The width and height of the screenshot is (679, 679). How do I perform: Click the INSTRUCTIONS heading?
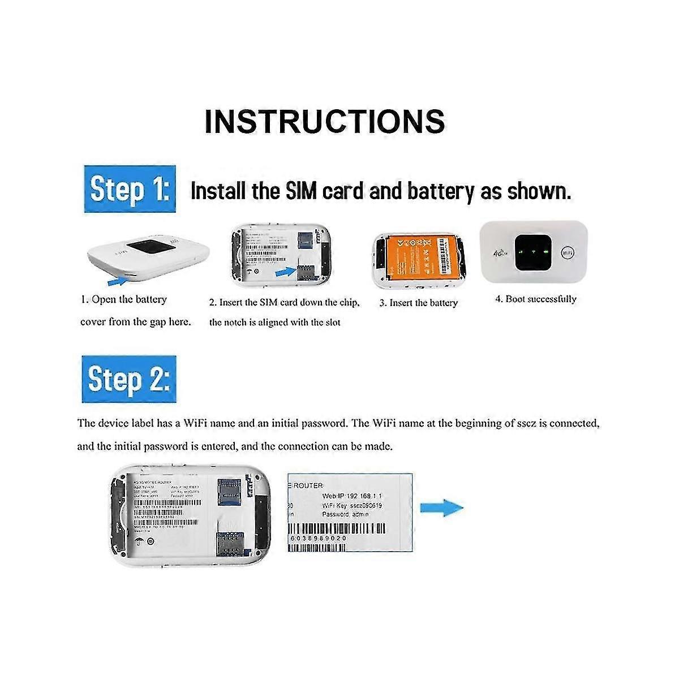tap(325, 121)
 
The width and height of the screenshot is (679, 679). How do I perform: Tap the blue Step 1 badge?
tap(130, 189)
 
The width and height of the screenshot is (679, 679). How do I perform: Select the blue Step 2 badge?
tap(129, 379)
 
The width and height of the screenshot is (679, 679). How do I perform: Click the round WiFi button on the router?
tap(568, 252)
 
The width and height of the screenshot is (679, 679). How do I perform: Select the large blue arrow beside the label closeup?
tap(441, 507)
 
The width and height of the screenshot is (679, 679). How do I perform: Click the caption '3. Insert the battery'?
tap(418, 303)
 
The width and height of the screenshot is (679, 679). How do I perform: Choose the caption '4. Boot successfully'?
tap(535, 299)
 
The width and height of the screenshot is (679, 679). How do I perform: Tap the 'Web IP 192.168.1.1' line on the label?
tap(352, 496)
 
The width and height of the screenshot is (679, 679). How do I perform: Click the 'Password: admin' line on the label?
tap(345, 514)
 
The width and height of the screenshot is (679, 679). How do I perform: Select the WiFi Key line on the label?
tap(352, 505)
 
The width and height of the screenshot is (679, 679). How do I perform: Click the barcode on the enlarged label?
tap(337, 529)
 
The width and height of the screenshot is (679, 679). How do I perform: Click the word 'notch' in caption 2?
tap(240, 323)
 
